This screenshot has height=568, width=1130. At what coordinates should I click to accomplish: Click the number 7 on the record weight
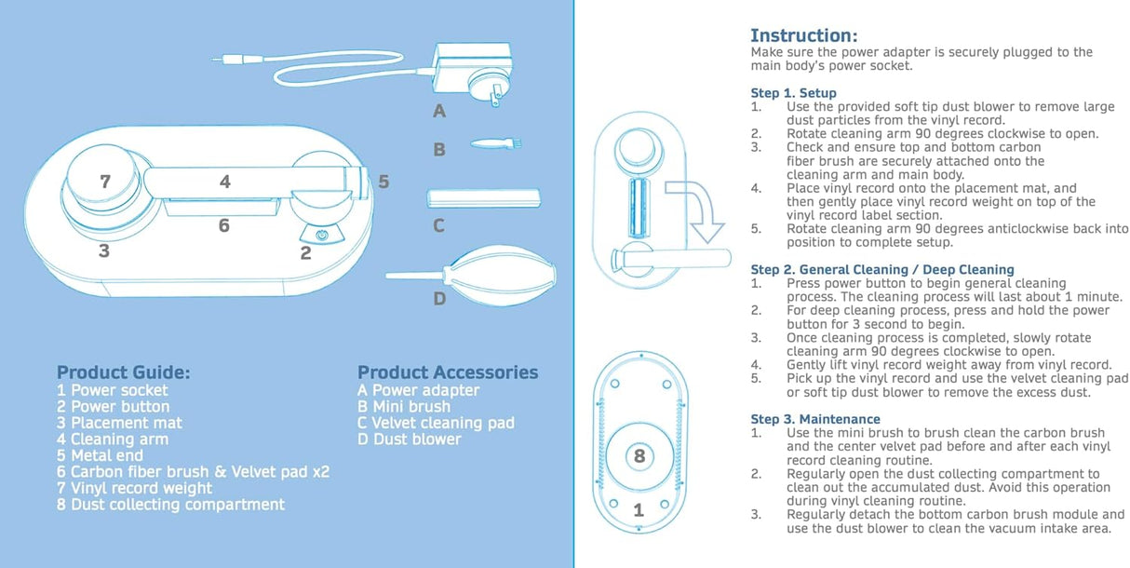point(104,182)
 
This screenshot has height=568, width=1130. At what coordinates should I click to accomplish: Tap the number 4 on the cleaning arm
point(224,183)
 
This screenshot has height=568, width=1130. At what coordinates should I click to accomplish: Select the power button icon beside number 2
point(322,236)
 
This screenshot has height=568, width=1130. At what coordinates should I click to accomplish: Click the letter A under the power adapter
point(439,112)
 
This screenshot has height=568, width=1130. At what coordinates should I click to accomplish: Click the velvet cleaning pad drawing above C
point(483,198)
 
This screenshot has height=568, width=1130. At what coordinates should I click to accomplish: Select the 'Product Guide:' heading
point(123,372)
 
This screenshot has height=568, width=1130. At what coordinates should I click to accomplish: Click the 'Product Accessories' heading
point(448,372)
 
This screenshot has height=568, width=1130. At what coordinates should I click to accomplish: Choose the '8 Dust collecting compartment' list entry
point(170,505)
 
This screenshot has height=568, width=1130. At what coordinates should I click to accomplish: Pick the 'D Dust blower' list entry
point(409,440)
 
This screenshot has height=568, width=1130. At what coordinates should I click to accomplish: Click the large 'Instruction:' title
point(803,35)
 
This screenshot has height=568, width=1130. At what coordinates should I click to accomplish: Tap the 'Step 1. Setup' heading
point(793,93)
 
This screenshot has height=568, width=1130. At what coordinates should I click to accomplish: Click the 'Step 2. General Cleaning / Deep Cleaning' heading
point(881,270)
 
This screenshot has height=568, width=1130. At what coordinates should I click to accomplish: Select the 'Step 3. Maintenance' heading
point(814,419)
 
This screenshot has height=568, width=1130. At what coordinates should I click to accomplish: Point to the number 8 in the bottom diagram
point(639,456)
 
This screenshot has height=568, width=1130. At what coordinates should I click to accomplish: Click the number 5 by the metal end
point(383,182)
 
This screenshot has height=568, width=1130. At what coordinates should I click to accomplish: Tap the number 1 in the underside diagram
point(639,510)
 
